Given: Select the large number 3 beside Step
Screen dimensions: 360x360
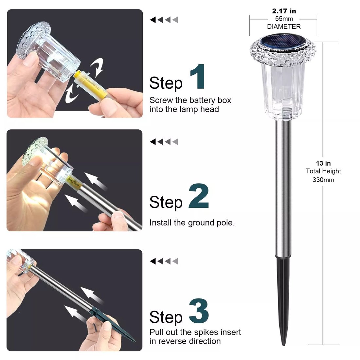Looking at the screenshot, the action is tap(199, 311).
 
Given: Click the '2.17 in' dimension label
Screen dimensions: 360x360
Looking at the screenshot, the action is tap(284, 11).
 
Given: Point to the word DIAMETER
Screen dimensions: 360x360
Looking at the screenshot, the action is tap(284, 27).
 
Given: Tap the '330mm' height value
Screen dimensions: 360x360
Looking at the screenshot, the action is tap(323, 180).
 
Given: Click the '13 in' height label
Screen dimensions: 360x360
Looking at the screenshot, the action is tap(323, 163).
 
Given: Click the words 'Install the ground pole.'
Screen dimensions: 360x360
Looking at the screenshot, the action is tap(192, 223).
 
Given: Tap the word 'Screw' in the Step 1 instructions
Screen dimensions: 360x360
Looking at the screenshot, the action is tap(161, 100).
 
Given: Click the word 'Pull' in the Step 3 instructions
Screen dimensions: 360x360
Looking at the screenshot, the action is tap(156, 332).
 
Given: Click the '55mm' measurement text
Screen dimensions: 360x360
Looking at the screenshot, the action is tap(284, 19).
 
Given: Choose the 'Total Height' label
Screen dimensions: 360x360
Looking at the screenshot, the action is tap(323, 171).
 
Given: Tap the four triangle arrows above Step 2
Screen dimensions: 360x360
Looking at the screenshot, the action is tap(164, 142).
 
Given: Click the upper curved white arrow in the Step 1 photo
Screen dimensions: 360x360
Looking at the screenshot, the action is tap(97, 66).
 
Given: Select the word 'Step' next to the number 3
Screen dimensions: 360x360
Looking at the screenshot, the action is tap(166, 317).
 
